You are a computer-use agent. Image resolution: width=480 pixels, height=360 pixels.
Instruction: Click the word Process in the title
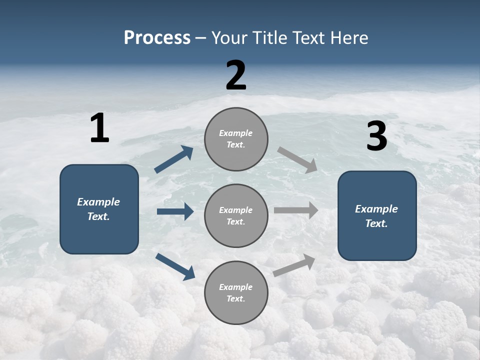157,38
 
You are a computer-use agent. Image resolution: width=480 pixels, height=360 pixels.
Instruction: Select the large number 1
99,128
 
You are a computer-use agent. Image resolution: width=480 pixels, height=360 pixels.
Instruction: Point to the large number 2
236,75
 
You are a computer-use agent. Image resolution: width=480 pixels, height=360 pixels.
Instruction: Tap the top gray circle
236,139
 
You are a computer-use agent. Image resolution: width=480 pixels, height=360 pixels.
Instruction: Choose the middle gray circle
236,216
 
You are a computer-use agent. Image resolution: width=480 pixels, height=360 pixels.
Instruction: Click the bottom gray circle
236,293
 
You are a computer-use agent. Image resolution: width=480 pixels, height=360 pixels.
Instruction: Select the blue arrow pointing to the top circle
174,159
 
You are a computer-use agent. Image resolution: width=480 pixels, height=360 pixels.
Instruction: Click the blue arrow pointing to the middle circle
175,211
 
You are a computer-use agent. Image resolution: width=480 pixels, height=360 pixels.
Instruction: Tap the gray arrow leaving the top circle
297,160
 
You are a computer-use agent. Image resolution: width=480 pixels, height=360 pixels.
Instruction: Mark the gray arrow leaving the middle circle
296,210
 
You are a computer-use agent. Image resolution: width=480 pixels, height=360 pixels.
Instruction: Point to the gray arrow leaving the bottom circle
294,265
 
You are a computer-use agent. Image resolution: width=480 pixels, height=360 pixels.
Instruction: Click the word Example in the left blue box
98,202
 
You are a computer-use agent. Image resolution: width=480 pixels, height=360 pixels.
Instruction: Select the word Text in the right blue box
376,223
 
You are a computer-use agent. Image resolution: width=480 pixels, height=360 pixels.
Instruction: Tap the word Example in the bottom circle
236,287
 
